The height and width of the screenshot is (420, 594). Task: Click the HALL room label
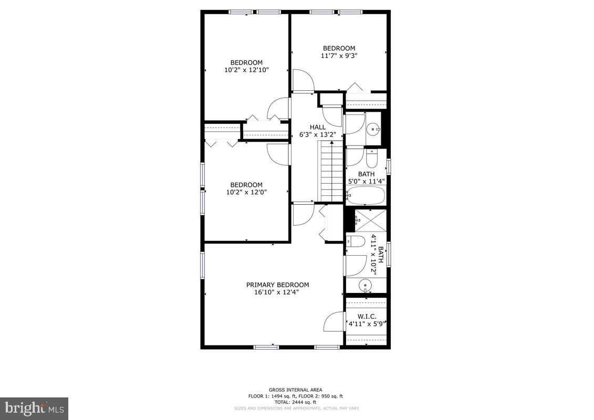317,127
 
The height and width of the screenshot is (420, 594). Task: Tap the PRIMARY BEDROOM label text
277,285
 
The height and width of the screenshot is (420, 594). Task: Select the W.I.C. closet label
367,317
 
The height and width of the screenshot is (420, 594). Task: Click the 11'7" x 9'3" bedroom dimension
339,55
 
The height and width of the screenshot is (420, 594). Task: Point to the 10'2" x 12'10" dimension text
246,69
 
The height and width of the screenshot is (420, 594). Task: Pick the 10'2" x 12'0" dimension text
246,192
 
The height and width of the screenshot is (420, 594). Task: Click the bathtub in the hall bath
366,195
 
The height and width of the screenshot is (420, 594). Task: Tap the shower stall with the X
371,219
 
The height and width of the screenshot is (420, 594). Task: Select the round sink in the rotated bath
365,286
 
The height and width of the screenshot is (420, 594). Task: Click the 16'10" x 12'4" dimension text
277,292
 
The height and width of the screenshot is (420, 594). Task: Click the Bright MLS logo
34,408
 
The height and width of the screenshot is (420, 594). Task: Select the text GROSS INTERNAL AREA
296,390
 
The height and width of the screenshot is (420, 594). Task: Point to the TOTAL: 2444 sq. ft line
296,402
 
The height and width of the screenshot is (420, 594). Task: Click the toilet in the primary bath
357,242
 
